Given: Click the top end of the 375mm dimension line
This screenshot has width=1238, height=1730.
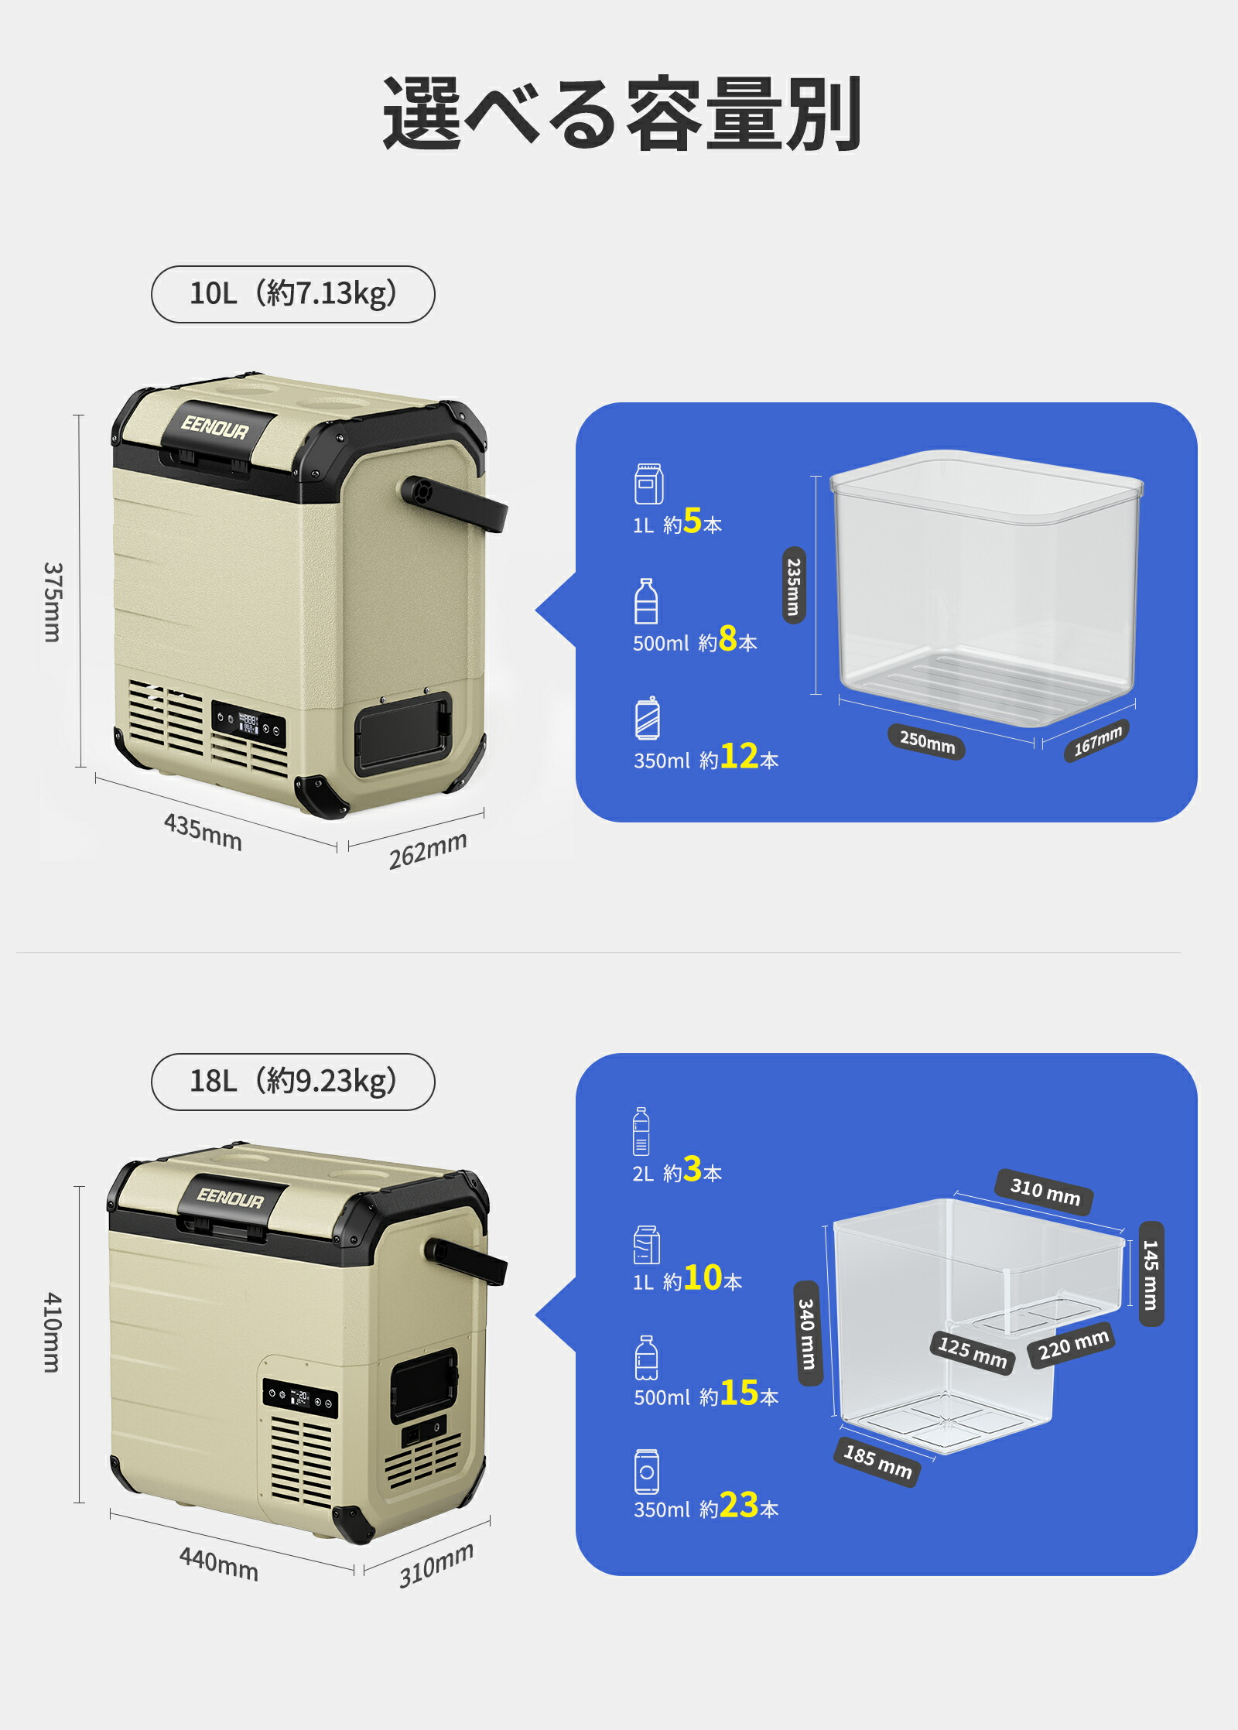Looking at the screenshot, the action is point(80,415).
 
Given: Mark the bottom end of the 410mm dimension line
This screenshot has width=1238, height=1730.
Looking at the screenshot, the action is point(79,1503).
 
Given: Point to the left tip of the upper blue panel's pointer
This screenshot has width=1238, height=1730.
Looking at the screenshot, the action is point(535,610).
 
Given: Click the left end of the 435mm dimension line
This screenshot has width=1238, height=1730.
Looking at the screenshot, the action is point(96,776).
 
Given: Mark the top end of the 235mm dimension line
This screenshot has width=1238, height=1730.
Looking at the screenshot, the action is point(816,477).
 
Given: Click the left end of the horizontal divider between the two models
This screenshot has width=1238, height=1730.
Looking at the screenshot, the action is point(17,952).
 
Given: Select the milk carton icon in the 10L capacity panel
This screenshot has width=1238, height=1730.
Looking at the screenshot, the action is point(648,484).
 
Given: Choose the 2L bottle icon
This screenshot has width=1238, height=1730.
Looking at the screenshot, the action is point(641,1130).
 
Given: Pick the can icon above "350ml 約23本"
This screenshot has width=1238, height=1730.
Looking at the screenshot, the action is point(647,1472).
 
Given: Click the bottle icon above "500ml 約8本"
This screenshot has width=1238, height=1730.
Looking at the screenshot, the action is point(646,600).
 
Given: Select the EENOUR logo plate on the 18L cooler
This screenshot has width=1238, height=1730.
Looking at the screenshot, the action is point(231,1198).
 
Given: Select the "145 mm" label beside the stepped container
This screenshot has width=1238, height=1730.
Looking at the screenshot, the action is point(1151,1274).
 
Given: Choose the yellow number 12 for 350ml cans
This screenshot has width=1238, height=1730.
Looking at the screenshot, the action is point(739,756).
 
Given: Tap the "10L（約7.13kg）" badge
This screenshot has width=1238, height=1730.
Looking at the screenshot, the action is point(292,294).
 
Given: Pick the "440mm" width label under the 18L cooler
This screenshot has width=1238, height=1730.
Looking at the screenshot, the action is point(219,1563).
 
